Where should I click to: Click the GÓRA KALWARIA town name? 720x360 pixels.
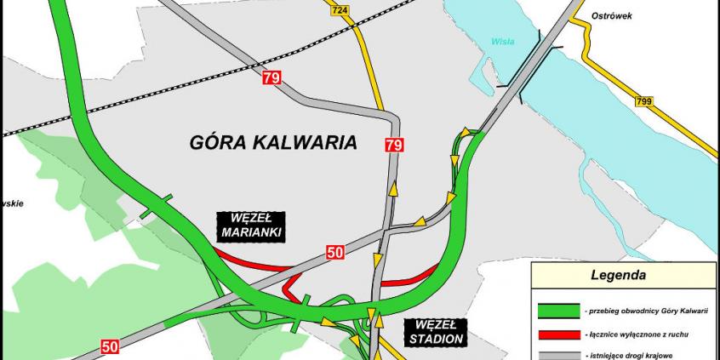pyautogui.click(x=272, y=142)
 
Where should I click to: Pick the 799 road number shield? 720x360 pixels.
pyautogui.click(x=644, y=101)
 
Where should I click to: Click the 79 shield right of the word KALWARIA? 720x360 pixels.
pyautogui.click(x=393, y=145)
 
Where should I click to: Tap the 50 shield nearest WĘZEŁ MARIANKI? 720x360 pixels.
pyautogui.click(x=335, y=251)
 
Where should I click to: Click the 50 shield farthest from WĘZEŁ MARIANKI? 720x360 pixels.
pyautogui.click(x=110, y=346)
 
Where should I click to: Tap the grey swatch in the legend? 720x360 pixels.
pyautogui.click(x=557, y=355)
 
